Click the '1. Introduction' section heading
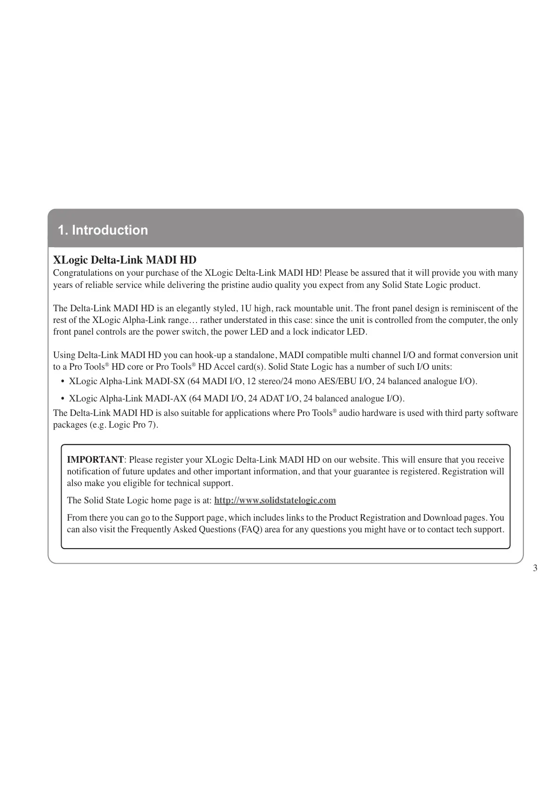pyautogui.click(x=103, y=230)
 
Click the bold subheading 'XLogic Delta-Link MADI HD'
pyautogui.click(x=125, y=260)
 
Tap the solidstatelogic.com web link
pyautogui.click(x=275, y=501)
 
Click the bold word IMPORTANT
pyautogui.click(x=95, y=460)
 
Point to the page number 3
pyautogui.click(x=535, y=568)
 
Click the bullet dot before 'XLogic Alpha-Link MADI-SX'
pyautogui.click(x=63, y=382)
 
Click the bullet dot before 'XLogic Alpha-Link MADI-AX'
pyautogui.click(x=63, y=399)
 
